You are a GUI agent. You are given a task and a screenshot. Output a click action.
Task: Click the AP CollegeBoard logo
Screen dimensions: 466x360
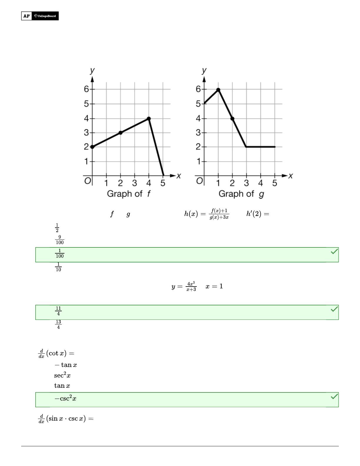(x=40, y=16)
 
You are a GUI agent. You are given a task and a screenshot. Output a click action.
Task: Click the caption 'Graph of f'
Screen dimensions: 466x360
(x=129, y=194)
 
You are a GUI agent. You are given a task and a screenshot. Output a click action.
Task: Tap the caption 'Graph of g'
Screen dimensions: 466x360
(x=241, y=194)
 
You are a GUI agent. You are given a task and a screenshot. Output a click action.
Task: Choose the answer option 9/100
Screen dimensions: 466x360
(x=59, y=240)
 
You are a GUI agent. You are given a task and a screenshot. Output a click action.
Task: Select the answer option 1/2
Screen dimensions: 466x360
(x=57, y=228)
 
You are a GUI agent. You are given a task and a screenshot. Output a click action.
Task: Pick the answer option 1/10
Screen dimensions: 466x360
(x=58, y=267)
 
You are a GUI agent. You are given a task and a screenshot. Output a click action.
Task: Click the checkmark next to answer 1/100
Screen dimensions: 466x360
(x=334, y=252)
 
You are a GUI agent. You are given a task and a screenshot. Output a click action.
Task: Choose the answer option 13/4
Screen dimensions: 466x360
(x=58, y=324)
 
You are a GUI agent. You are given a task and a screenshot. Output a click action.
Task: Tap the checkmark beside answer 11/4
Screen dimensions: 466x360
(x=334, y=309)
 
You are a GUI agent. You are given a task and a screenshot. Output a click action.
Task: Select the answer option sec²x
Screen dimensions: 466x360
(x=62, y=375)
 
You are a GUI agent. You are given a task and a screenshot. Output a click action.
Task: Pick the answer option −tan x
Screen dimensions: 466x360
(x=66, y=365)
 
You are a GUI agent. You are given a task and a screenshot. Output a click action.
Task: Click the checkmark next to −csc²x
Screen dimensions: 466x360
(x=334, y=397)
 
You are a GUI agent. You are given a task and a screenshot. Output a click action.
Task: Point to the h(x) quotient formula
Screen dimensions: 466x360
(x=207, y=214)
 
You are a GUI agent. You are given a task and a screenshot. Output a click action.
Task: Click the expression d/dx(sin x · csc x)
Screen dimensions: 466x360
(x=66, y=419)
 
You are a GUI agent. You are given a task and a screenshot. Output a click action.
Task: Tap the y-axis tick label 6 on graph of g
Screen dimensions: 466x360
(x=199, y=89)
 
